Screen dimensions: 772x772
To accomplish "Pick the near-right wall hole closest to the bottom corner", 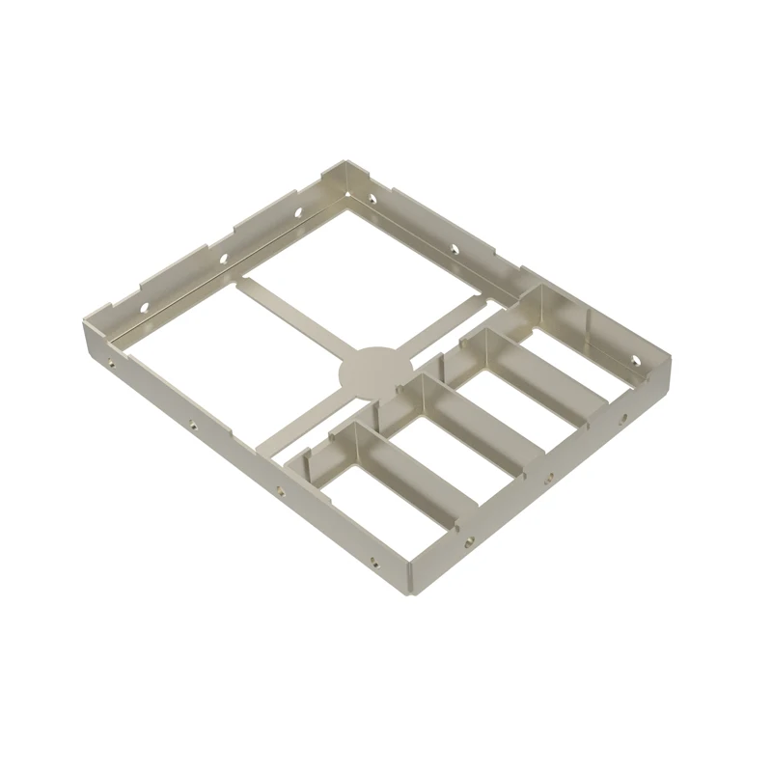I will point(470,541).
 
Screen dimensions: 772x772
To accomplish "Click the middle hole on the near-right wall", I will point(549,477).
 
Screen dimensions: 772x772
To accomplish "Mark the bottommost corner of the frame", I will point(406,596).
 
